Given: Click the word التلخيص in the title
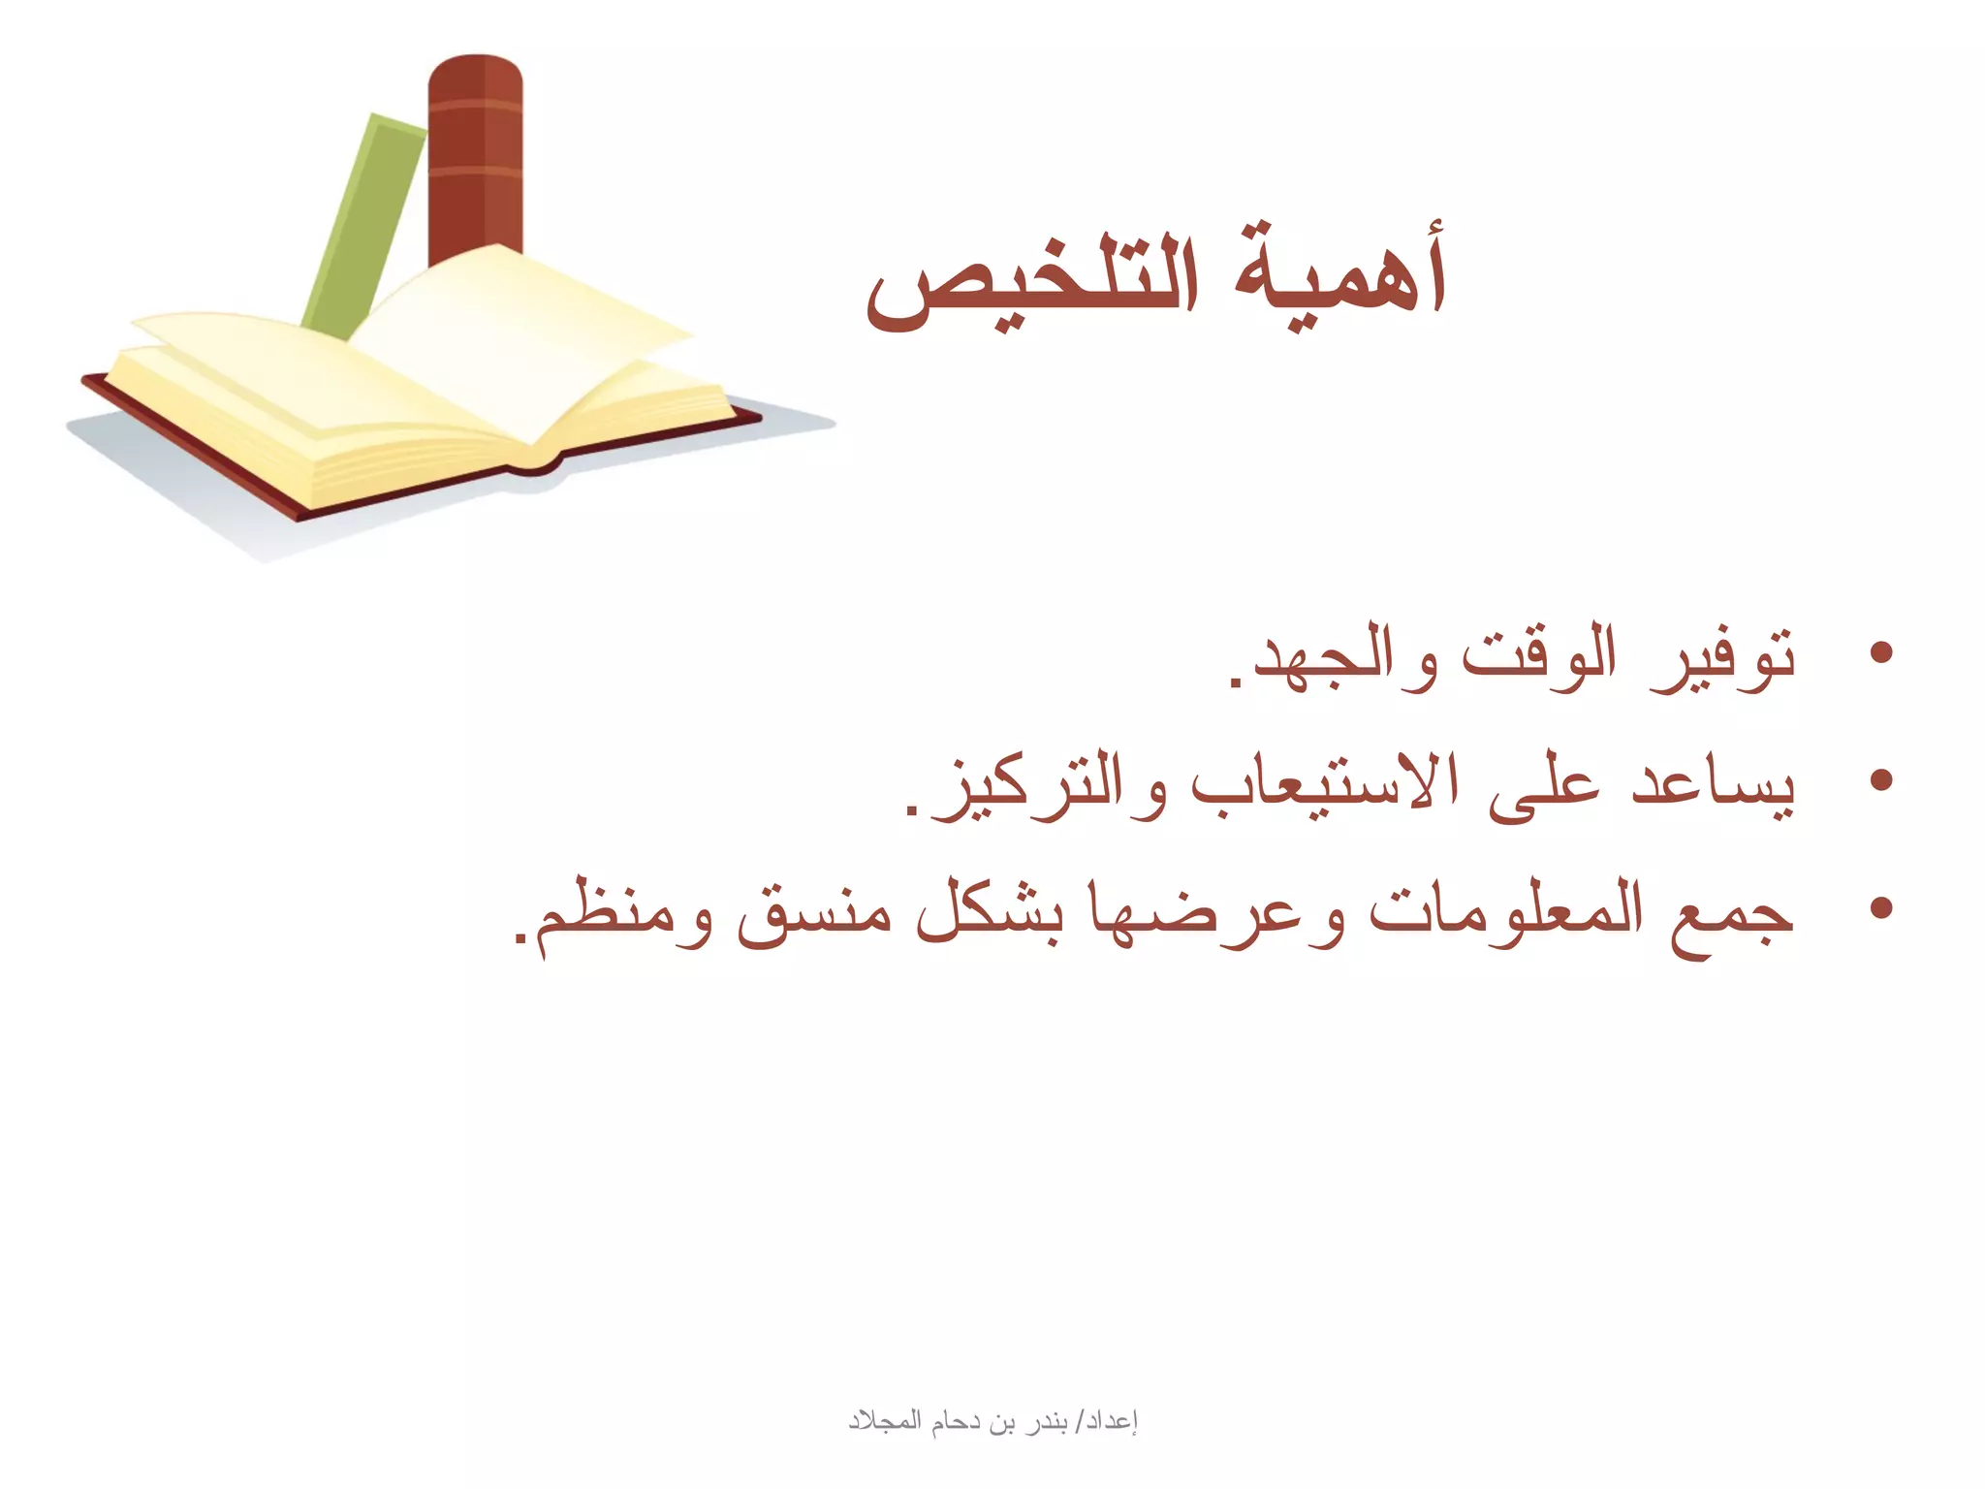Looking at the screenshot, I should click(1032, 281).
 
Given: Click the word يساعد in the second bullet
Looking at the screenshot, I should click(1713, 785).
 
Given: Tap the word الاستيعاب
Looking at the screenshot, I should click(1325, 785).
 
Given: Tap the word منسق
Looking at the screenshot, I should click(814, 917).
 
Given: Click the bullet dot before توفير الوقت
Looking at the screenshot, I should click(1881, 652).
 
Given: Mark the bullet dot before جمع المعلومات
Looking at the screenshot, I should click(1881, 908).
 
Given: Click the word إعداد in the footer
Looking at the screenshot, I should click(1111, 1421).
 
